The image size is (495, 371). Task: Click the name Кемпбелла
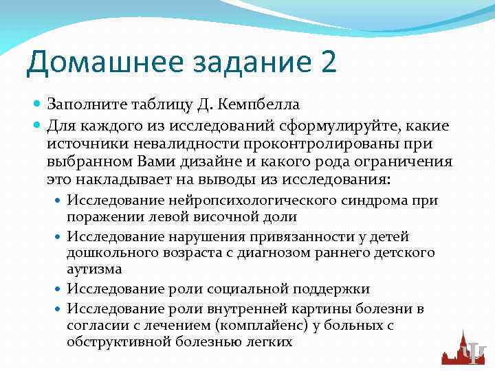pos(260,104)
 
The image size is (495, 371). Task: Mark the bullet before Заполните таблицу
pos(38,104)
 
